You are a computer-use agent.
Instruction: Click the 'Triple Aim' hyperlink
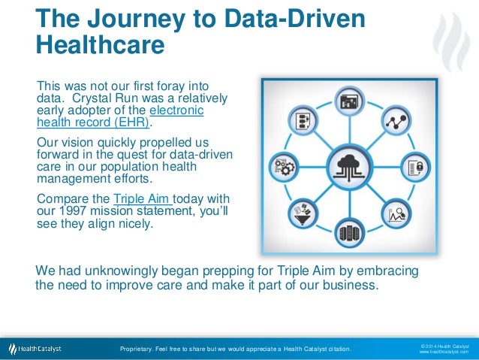(x=142, y=198)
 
